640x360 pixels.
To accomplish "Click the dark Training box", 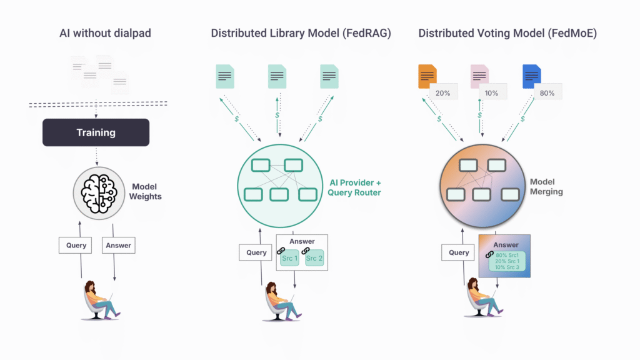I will click(x=96, y=132).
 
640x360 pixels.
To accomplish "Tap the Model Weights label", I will click(x=145, y=192).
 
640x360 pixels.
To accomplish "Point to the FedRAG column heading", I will click(x=301, y=34).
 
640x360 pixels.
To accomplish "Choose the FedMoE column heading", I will click(x=507, y=34).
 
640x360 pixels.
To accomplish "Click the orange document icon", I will click(x=427, y=76).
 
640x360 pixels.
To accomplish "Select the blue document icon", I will click(x=531, y=76).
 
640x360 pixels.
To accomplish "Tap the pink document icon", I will click(x=479, y=76).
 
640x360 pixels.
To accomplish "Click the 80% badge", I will click(x=547, y=93).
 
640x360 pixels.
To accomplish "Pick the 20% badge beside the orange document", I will click(x=443, y=93).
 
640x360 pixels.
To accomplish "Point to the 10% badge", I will click(x=491, y=93).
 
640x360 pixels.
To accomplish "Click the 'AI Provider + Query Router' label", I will click(x=354, y=187).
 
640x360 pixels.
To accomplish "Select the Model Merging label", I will click(x=546, y=187).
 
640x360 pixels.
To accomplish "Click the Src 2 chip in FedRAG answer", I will click(x=316, y=257).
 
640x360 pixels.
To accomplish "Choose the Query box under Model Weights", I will click(x=76, y=246).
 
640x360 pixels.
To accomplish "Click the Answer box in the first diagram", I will click(x=118, y=246).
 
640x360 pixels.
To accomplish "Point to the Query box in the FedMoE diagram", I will click(x=459, y=252).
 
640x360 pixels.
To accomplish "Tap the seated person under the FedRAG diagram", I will click(x=280, y=302).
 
